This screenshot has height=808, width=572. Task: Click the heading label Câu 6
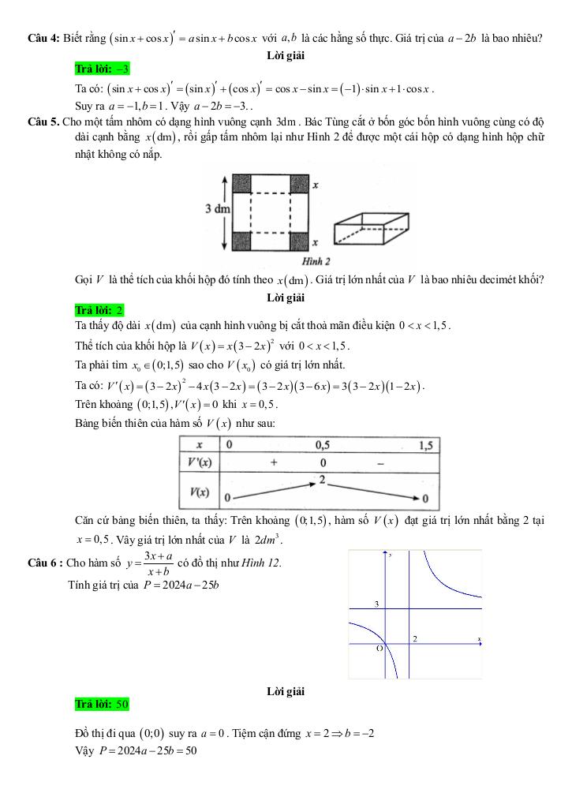(x=43, y=563)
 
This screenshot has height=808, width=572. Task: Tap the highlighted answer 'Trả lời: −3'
(x=101, y=70)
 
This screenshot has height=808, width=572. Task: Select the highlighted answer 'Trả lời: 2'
(x=99, y=309)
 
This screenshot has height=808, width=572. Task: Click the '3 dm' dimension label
(x=218, y=210)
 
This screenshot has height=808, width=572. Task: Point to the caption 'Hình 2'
(x=316, y=260)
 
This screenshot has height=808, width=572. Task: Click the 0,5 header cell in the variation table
(x=322, y=445)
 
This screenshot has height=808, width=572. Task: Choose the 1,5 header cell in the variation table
(x=427, y=445)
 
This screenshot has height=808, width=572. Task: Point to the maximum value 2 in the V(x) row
(x=322, y=479)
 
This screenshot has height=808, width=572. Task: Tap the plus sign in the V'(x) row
(x=274, y=463)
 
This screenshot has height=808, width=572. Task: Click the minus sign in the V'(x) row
(x=380, y=463)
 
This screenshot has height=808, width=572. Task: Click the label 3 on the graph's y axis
(x=376, y=604)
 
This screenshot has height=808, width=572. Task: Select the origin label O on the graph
(x=379, y=649)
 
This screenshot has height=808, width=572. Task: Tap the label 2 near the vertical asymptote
(x=415, y=638)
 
